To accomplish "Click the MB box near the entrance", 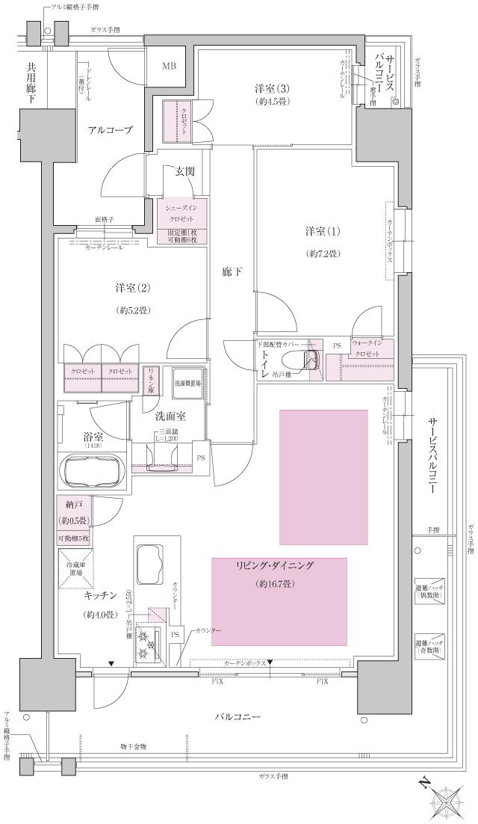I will (x=170, y=66).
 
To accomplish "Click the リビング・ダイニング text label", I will (x=280, y=565).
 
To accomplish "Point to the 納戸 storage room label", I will (x=73, y=508).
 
